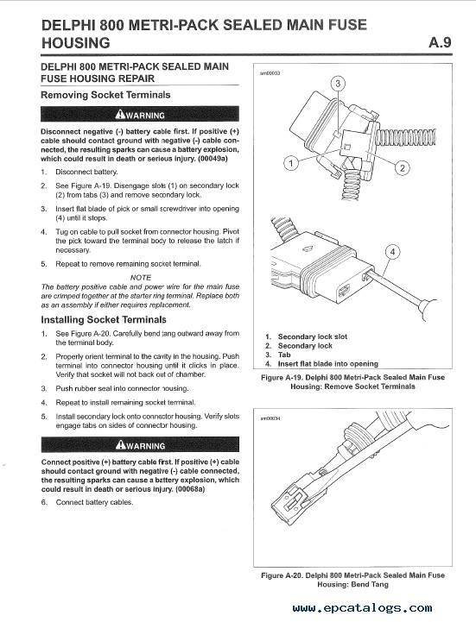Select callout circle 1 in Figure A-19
tap(291, 163)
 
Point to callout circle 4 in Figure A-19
tap(391, 253)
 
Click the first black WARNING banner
tap(139, 115)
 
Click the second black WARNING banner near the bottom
tap(139, 445)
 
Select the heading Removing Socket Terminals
tap(105, 95)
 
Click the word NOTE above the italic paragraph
tap(140, 277)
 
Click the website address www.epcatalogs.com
tap(362, 608)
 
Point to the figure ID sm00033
tap(269, 74)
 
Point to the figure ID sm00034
tap(269, 418)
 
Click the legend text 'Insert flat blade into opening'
tap(327, 364)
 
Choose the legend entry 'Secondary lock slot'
tap(312, 336)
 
